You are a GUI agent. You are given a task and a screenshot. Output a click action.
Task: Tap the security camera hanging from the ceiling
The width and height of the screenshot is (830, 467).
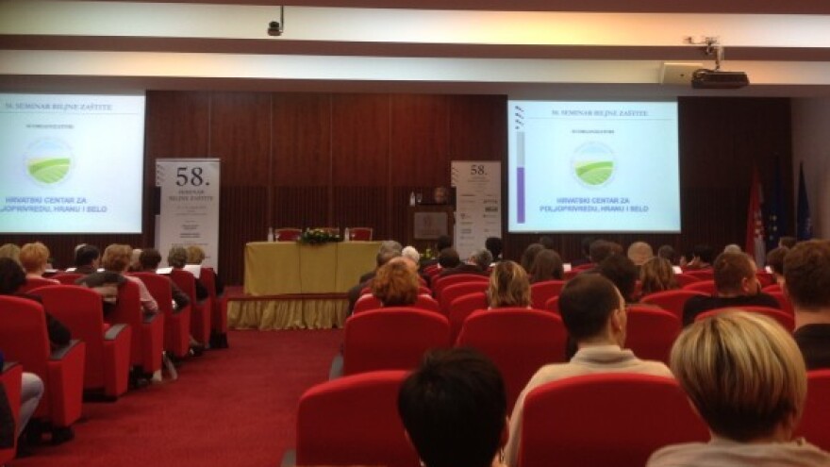[274, 26]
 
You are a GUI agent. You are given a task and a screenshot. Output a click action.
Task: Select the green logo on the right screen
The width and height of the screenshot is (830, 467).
[593, 164]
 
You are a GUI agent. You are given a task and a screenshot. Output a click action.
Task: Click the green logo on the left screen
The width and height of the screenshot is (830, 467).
[49, 161]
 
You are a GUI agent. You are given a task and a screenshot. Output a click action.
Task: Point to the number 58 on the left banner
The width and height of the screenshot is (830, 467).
[191, 175]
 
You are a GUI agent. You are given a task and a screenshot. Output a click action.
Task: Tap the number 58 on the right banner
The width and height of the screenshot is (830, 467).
[478, 171]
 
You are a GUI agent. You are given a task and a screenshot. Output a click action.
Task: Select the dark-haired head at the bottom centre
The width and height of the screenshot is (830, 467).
[452, 408]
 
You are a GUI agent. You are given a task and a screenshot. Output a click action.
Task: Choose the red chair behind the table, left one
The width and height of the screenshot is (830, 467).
[288, 234]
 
